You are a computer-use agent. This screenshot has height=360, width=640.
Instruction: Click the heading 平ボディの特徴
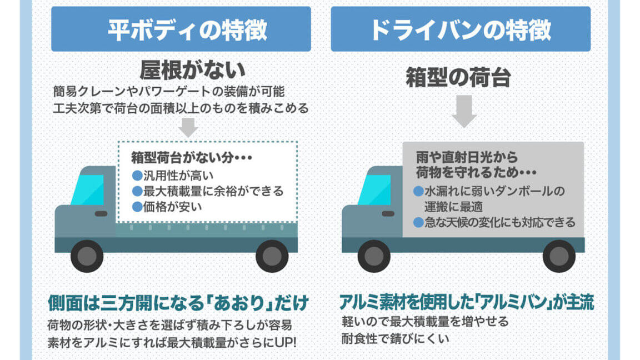[x=187, y=30]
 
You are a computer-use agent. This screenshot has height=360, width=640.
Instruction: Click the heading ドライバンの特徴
[x=460, y=30]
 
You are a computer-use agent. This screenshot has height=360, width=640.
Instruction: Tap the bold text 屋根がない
[x=192, y=70]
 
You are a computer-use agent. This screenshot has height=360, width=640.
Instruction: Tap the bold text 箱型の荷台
[x=458, y=78]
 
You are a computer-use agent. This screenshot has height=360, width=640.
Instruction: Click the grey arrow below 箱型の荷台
[x=464, y=111]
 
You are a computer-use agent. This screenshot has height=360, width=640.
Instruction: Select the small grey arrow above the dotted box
[x=188, y=128]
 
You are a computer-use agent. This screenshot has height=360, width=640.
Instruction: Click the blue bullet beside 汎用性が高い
[x=137, y=176]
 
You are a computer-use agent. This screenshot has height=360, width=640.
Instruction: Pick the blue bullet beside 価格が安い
[x=137, y=207]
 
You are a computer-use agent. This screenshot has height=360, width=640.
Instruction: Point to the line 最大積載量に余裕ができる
[x=213, y=191]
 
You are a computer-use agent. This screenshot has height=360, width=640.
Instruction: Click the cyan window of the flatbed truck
[x=88, y=190]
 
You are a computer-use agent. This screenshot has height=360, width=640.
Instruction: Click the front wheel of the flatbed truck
[x=87, y=256]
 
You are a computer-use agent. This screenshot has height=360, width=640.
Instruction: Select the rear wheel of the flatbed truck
[x=272, y=256]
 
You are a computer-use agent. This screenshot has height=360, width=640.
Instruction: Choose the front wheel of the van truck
[x=374, y=256]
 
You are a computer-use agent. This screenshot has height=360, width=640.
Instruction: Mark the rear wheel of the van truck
[x=559, y=256]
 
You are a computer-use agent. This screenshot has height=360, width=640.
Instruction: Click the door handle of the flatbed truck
[x=101, y=213]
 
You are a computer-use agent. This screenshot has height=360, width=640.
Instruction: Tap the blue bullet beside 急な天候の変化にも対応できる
[x=418, y=222]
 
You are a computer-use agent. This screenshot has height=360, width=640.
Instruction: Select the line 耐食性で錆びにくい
[x=395, y=338]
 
